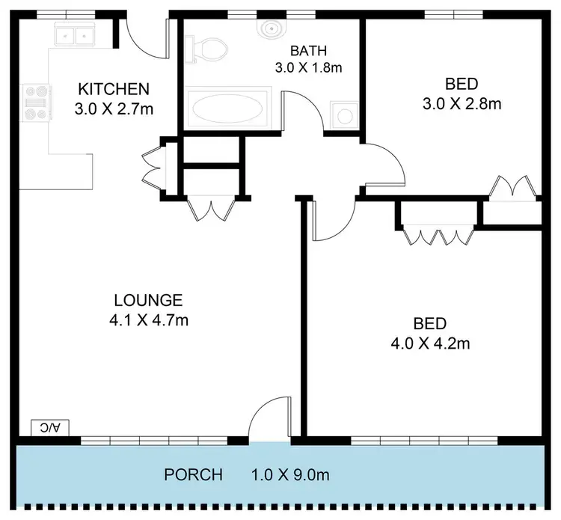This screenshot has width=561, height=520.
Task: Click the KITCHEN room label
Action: (114, 89)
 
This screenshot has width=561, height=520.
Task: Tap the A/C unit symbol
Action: (50, 427)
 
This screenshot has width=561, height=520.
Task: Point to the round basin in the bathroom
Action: (270, 28)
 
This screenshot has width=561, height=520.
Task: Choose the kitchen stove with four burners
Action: (34, 102)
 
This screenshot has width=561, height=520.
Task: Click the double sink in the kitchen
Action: (74, 35)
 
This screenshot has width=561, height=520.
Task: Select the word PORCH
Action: (194, 474)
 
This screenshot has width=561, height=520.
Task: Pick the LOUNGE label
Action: (147, 301)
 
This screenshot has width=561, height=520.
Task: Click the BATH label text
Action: (308, 51)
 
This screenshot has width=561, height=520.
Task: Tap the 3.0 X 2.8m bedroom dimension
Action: (461, 103)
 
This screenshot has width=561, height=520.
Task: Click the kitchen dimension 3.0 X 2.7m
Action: (114, 108)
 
